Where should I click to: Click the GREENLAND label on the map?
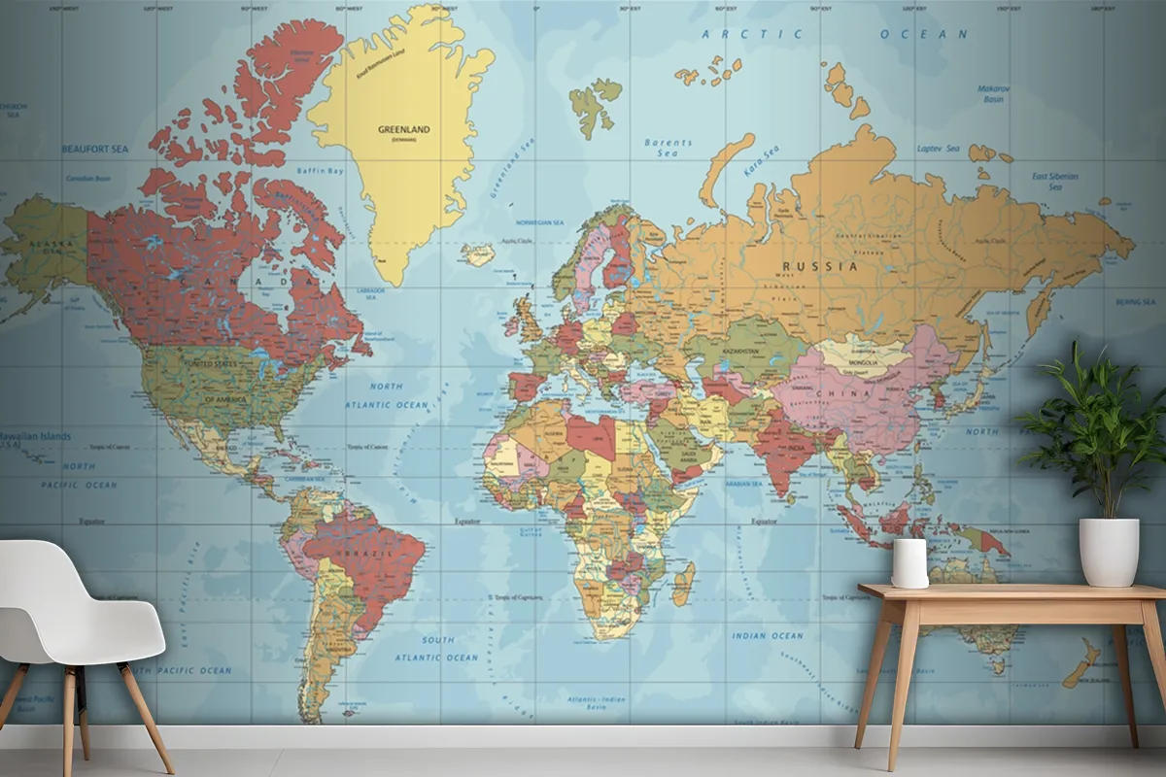tap(403, 129)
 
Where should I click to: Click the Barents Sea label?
tap(668, 148)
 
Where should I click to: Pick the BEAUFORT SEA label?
tap(95, 150)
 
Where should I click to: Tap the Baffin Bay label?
tap(321, 171)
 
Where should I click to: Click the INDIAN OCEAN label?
tap(768, 636)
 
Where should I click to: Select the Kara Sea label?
tap(762, 159)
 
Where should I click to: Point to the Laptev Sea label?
tap(938, 149)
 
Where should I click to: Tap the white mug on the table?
tap(909, 563)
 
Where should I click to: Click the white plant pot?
tap(1109, 551)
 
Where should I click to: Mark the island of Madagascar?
tap(684, 584)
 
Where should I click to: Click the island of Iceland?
tap(477, 254)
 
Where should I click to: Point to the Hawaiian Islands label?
tap(35, 436)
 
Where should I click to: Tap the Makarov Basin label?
tap(993, 93)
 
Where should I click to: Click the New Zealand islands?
tap(1080, 665)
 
